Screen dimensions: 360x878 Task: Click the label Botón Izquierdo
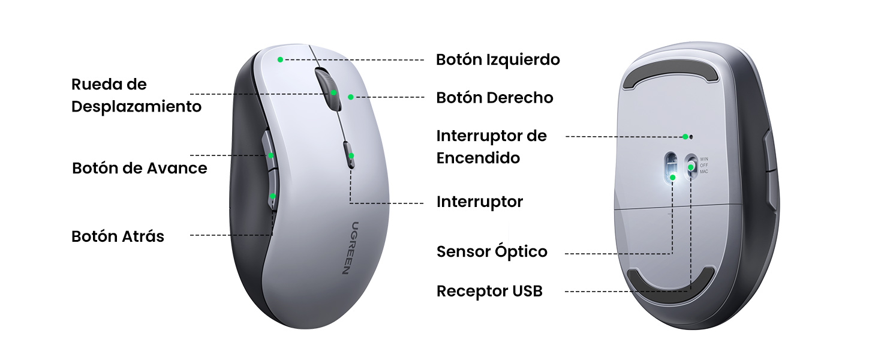(498, 60)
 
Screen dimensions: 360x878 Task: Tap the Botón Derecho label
(494, 98)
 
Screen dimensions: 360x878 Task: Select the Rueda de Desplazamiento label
(136, 95)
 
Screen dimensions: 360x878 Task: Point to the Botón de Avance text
(139, 168)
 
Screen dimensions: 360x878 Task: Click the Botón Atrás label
(118, 236)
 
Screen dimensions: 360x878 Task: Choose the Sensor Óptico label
(492, 251)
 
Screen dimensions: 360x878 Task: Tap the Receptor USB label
(489, 292)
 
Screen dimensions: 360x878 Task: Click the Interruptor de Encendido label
(492, 146)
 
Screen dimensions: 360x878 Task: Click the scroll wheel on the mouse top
(327, 88)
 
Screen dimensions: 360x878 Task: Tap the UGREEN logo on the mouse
(347, 247)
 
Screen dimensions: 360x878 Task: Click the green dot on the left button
(280, 59)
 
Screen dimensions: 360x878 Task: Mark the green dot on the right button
(350, 97)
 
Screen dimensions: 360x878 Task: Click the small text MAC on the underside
(704, 172)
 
